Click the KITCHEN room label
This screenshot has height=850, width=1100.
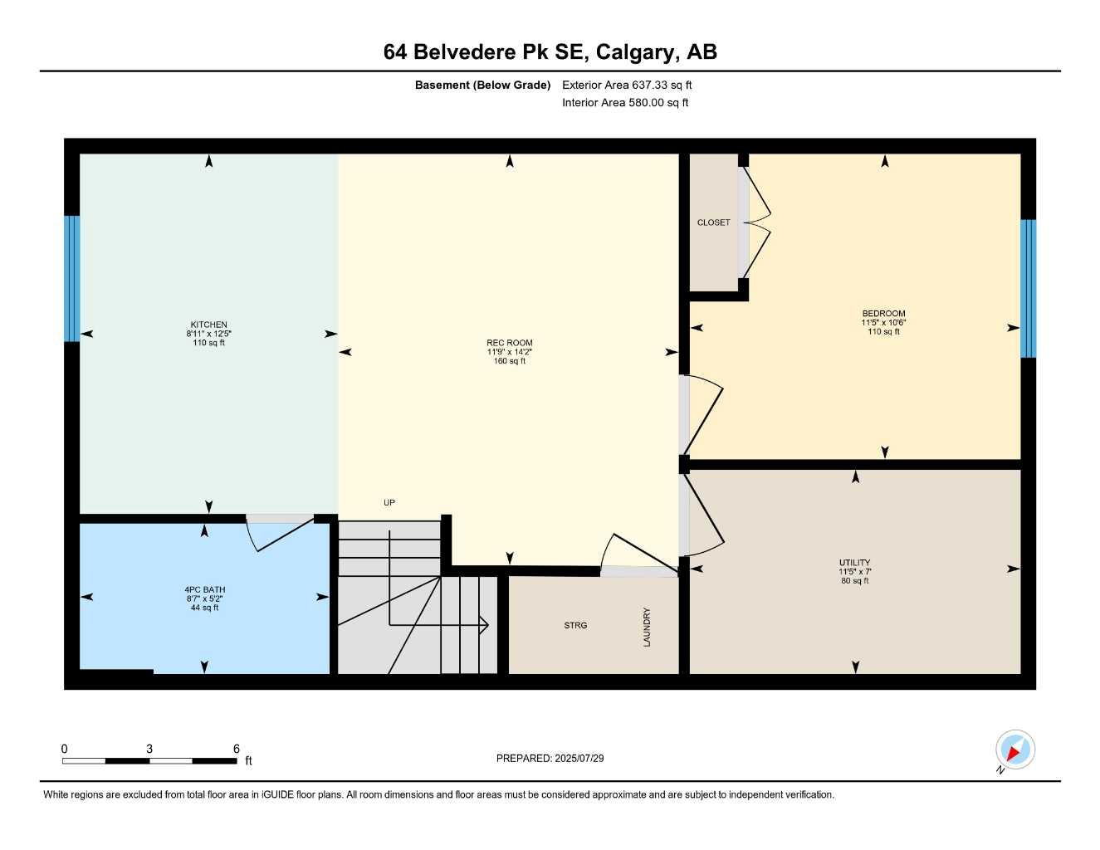click(x=208, y=325)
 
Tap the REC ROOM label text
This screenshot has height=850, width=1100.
click(x=509, y=343)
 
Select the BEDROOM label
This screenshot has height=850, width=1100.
click(x=883, y=314)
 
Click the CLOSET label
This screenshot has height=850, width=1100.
click(x=713, y=222)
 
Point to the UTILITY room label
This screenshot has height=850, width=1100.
click(x=854, y=563)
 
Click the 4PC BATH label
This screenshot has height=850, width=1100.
click(x=204, y=590)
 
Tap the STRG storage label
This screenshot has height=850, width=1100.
click(x=575, y=625)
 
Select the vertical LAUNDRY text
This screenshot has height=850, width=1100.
click(x=647, y=627)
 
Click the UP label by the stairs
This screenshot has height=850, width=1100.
click(x=389, y=502)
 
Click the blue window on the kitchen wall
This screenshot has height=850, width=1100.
click(x=72, y=279)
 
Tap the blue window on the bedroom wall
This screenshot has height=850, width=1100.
click(x=1028, y=288)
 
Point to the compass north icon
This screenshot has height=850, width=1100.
click(x=1014, y=750)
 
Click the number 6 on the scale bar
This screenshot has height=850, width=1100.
click(x=237, y=749)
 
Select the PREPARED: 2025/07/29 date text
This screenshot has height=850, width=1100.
click(x=550, y=758)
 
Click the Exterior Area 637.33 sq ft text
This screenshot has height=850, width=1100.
click(x=627, y=85)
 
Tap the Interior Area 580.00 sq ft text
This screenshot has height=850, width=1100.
click(x=625, y=103)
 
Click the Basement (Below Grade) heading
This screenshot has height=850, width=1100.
click(x=482, y=85)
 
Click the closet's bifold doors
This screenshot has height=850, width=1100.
click(x=755, y=222)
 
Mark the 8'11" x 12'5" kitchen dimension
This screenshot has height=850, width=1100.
click(x=208, y=334)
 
